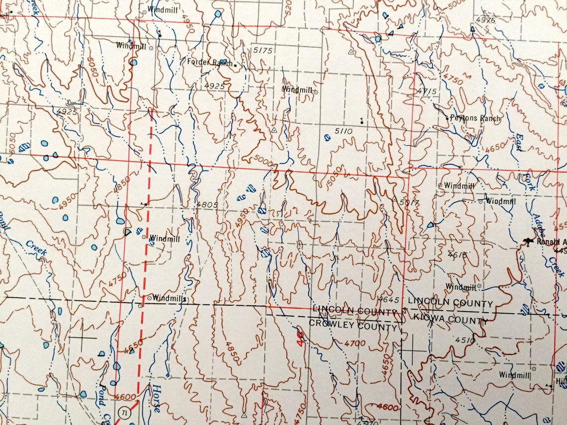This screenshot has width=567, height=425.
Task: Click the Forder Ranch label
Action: pos(209,62)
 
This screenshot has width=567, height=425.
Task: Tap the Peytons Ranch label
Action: pos(475,118)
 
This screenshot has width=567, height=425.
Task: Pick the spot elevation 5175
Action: pos(263,51)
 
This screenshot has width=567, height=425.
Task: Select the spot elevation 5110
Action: pos(343,131)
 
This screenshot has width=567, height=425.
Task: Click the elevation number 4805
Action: pos(207,204)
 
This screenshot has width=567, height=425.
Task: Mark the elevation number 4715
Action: pos(427,91)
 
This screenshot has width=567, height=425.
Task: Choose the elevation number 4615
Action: pos(458,255)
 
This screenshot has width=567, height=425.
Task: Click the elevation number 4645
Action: pos(388,300)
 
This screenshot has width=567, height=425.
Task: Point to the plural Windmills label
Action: pos(169,298)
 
